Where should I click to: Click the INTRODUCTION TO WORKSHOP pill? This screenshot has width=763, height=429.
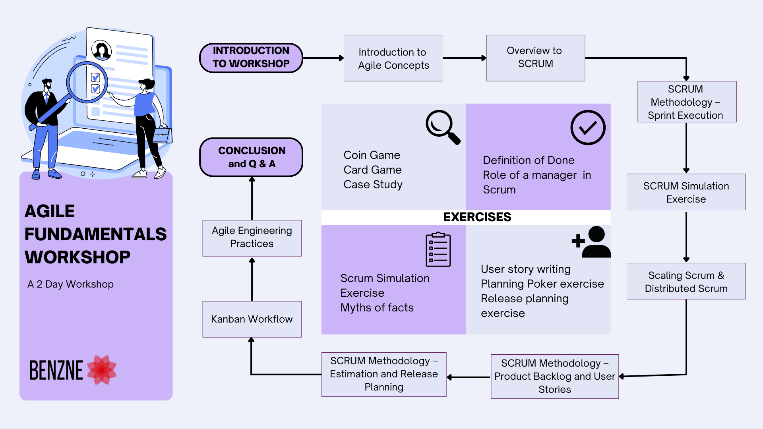pos(251,58)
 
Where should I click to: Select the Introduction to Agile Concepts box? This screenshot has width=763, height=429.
pos(393,58)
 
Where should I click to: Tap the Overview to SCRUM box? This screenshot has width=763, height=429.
pos(535,58)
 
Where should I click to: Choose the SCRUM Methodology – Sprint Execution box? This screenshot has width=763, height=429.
pos(686,102)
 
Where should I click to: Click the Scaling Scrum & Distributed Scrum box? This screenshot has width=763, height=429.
pos(686,281)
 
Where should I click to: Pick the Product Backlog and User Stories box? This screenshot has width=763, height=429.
pos(554,376)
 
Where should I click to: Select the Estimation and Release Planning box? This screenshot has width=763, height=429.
pos(383,374)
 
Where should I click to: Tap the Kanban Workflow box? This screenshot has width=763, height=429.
pos(252,319)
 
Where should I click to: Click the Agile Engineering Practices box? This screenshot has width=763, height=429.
pos(252,238)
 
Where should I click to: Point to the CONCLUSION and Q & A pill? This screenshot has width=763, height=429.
pos(251,157)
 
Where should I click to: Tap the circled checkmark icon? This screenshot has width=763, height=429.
pos(587,128)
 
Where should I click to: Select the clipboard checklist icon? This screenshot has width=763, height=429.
pos(438,249)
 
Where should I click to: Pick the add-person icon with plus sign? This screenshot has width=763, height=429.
pos(591,242)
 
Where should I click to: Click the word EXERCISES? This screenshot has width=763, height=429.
pos(477,217)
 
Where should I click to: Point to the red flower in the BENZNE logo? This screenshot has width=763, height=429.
pos(102,370)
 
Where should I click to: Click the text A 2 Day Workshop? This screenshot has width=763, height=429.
pos(70,284)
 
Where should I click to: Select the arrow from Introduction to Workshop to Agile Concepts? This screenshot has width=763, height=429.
pos(323,58)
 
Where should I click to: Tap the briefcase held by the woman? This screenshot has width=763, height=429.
pos(163,135)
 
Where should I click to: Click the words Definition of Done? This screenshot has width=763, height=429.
pos(529,160)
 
